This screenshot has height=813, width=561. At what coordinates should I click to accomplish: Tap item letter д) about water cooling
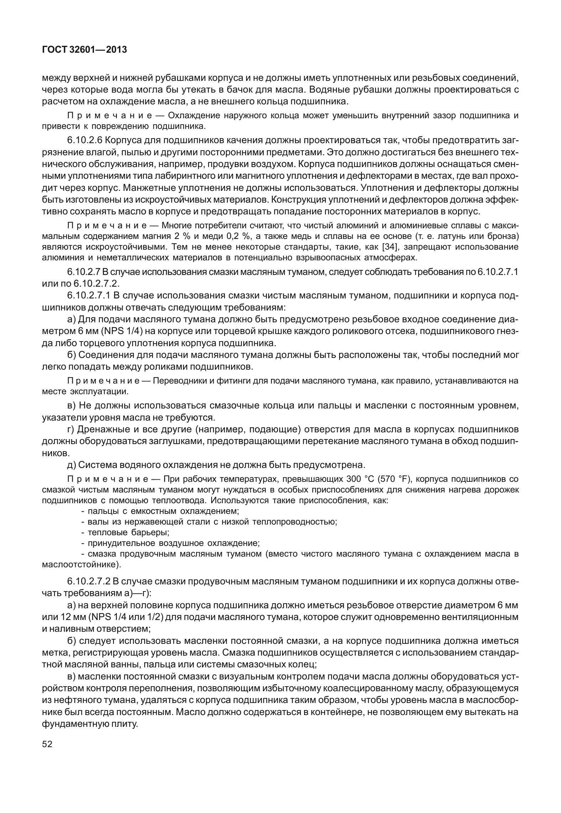point(71,465)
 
